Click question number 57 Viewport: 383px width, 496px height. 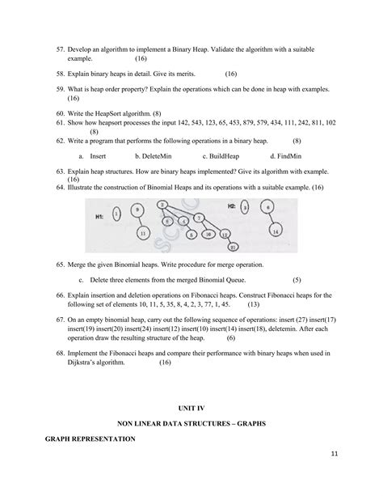point(61,49)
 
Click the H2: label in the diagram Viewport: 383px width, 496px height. point(233,206)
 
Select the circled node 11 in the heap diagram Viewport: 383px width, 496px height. point(143,232)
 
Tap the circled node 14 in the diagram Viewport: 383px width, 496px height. point(276,232)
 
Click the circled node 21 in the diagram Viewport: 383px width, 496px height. point(212,247)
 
